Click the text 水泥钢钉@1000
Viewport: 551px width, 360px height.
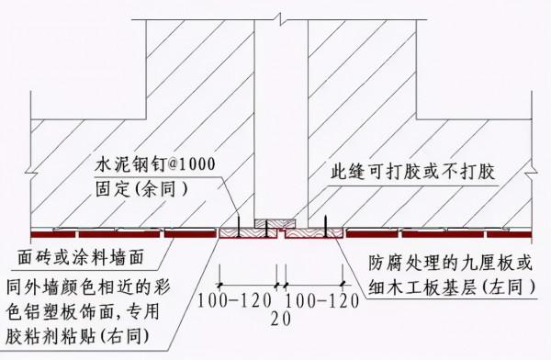tap(155, 164)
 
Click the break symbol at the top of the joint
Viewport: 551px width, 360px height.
tap(281, 9)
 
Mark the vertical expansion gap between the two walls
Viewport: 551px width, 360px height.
tap(281, 119)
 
